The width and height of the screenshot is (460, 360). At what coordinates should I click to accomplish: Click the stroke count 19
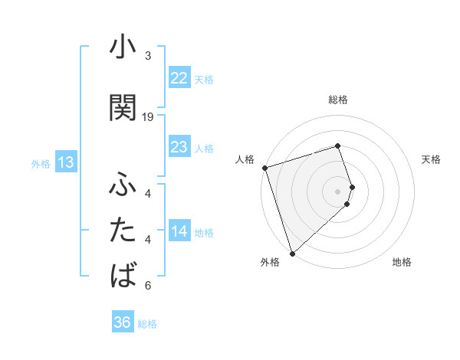[x=148, y=116]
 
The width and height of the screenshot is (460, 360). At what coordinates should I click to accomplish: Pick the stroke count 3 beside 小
[x=148, y=56]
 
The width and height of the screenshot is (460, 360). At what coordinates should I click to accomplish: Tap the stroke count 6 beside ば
[x=148, y=286]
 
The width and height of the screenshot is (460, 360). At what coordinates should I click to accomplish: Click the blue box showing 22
[x=179, y=78]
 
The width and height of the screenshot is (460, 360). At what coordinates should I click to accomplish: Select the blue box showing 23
[x=179, y=147]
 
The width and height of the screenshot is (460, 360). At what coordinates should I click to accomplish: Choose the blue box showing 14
[x=179, y=231]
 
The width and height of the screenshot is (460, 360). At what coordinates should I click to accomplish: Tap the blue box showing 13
[x=65, y=162]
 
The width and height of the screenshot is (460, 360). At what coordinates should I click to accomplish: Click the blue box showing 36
[x=122, y=322]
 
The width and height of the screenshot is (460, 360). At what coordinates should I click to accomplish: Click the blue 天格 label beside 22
[x=203, y=79]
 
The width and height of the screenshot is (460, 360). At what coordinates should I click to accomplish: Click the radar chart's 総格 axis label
[x=337, y=100]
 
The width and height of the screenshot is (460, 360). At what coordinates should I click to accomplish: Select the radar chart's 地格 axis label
[x=402, y=262]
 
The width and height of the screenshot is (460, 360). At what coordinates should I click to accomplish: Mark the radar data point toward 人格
[x=264, y=167]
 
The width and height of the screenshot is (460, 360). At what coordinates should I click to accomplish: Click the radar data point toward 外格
[x=292, y=252]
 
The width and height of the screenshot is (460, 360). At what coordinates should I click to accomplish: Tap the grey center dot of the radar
[x=337, y=191]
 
